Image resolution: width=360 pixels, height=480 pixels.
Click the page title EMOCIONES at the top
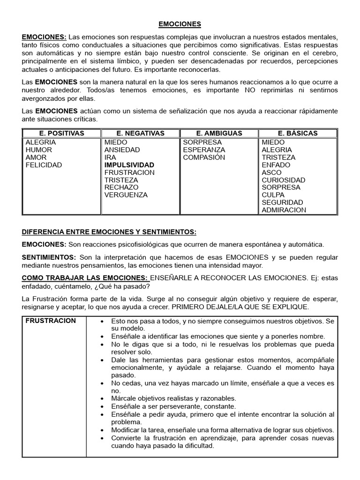180,23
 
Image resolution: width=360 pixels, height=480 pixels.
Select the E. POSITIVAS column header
62,133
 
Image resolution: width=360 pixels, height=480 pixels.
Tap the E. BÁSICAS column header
297,133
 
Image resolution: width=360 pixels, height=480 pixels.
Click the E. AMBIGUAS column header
219,133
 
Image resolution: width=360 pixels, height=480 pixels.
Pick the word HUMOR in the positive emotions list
39,150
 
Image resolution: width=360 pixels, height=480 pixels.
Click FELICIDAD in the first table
44,165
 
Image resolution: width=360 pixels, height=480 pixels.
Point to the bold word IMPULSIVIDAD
129,165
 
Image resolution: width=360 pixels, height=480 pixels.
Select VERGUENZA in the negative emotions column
126,195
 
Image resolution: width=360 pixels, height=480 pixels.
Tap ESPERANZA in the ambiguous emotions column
204,150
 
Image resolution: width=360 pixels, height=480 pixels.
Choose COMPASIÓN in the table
204,157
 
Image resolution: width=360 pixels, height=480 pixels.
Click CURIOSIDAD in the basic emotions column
283,180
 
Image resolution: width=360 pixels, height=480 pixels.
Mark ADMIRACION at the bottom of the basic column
284,210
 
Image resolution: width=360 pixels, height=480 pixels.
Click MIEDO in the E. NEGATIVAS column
116,142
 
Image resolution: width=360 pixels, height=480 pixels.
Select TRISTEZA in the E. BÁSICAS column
278,157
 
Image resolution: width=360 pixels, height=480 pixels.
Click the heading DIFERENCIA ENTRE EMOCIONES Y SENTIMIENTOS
109,232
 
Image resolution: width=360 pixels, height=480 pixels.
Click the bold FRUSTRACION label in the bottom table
51,321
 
